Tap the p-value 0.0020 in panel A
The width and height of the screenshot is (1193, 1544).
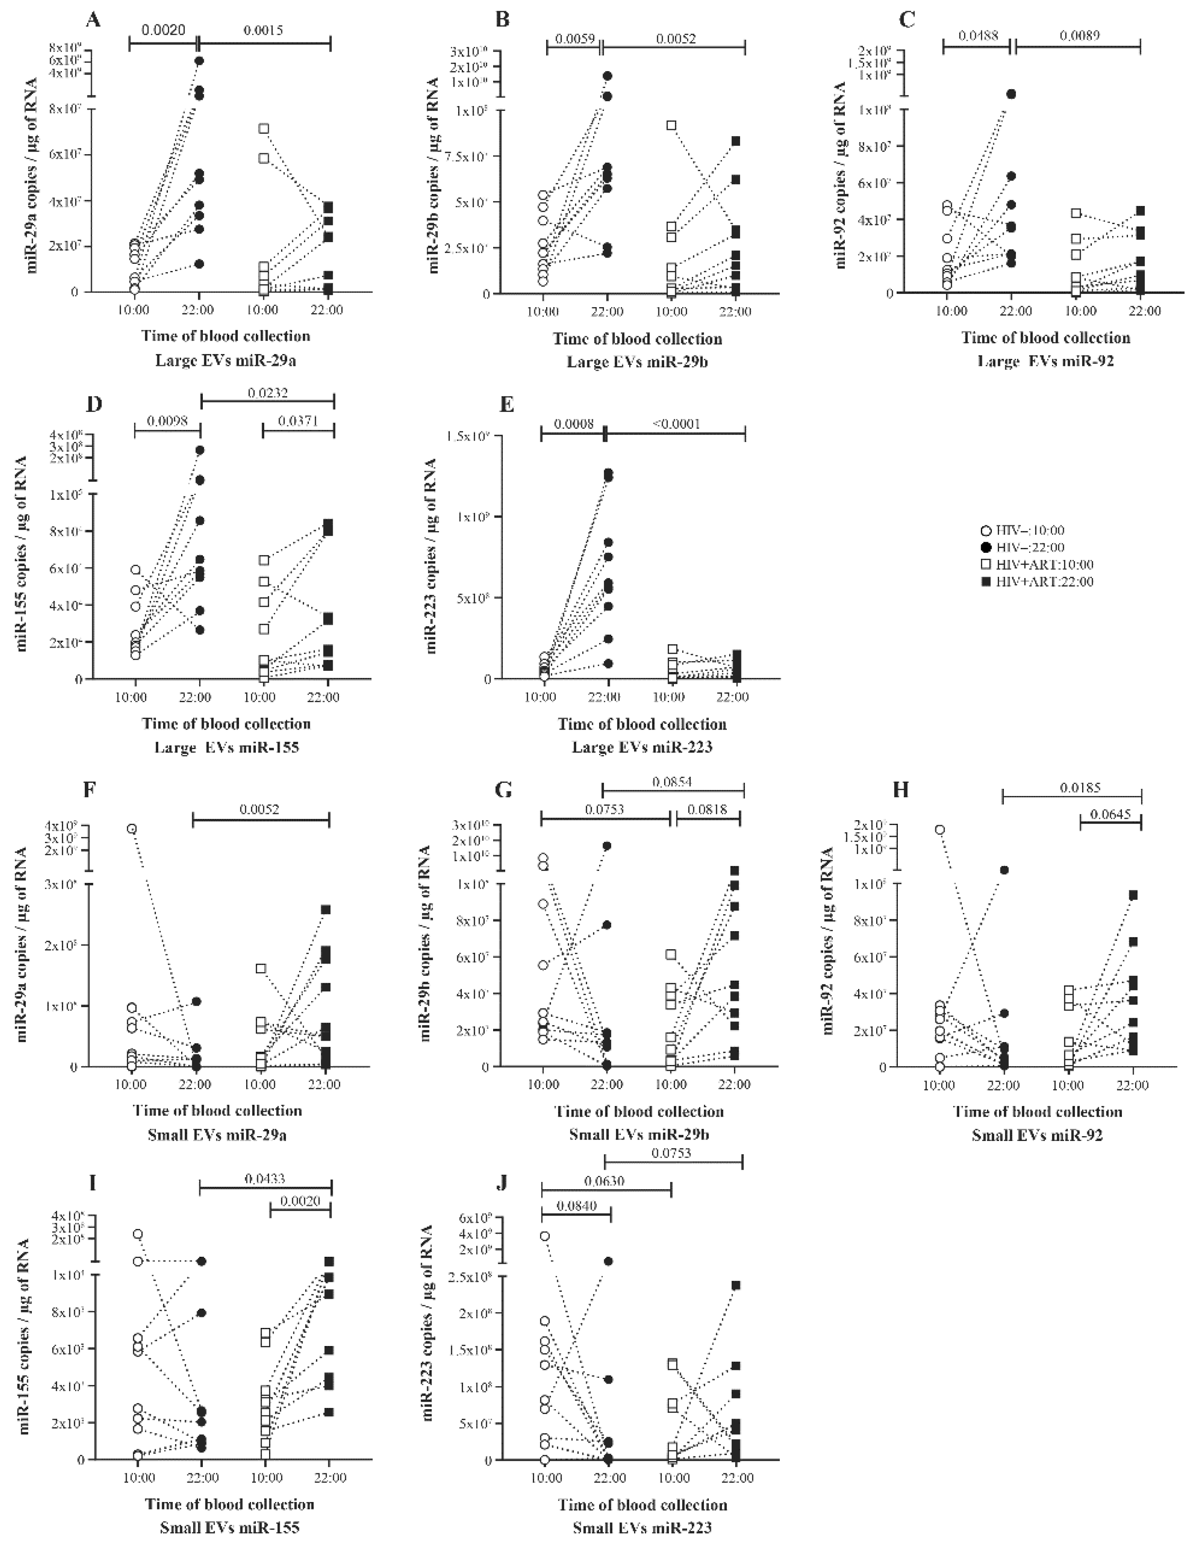click(163, 30)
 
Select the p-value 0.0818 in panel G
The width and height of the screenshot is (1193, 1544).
click(709, 809)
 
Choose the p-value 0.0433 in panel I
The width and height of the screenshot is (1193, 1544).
click(265, 1179)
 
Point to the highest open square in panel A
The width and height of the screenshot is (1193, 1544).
click(264, 129)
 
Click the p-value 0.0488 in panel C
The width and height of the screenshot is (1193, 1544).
click(978, 34)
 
